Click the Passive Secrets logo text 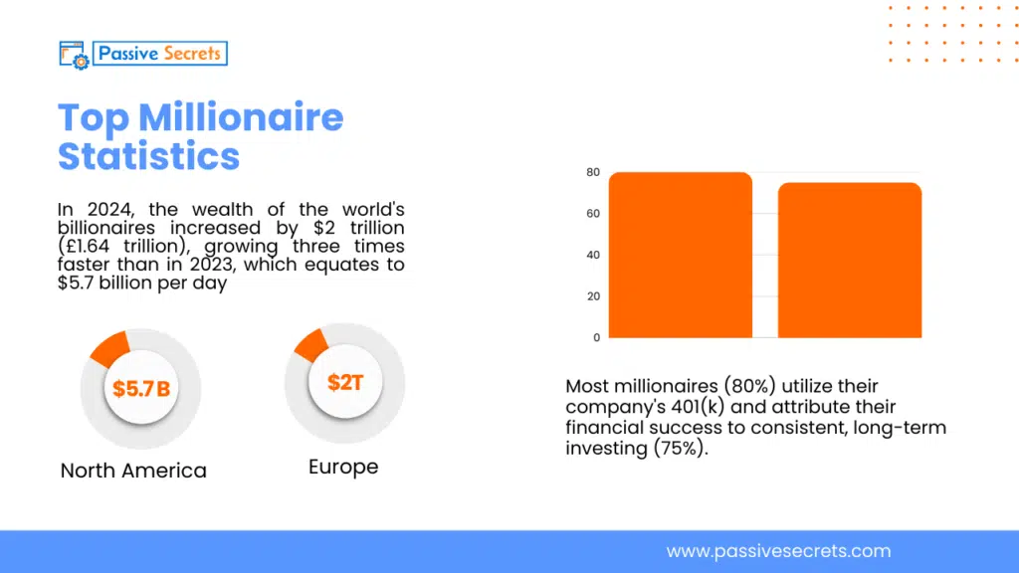(x=159, y=53)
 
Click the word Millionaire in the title (x=241, y=118)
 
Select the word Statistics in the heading (x=148, y=156)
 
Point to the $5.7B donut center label (x=140, y=389)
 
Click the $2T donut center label (x=344, y=382)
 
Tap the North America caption (x=133, y=471)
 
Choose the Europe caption (x=343, y=467)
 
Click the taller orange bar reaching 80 (x=680, y=255)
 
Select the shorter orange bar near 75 (x=850, y=260)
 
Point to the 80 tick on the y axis (x=593, y=172)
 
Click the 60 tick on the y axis (x=593, y=214)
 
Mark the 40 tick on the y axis (x=593, y=255)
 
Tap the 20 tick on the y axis (x=593, y=296)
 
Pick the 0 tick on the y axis (x=596, y=337)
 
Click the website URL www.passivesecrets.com (x=778, y=551)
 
